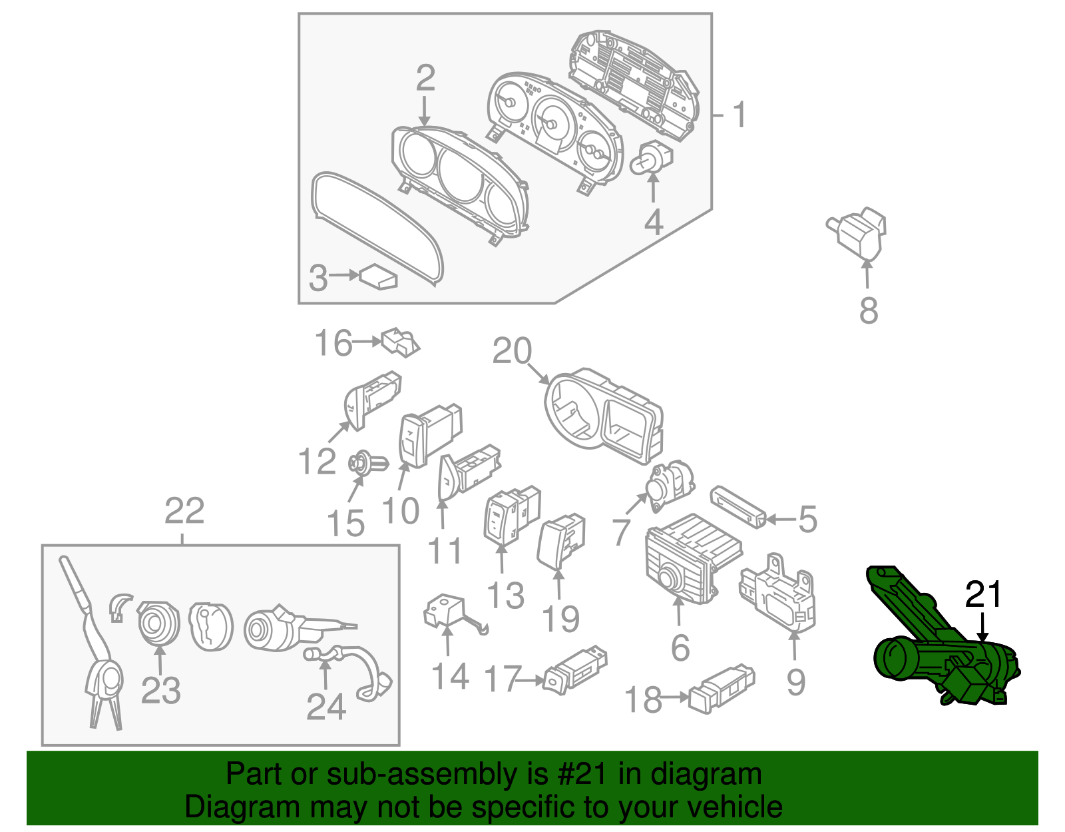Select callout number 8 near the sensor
pos(868,311)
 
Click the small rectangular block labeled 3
pos(379,277)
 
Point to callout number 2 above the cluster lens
pos(425,79)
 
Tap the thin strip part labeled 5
pos(738,506)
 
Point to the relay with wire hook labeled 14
pos(447,613)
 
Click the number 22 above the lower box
pos(184,512)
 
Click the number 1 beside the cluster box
pos(739,115)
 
